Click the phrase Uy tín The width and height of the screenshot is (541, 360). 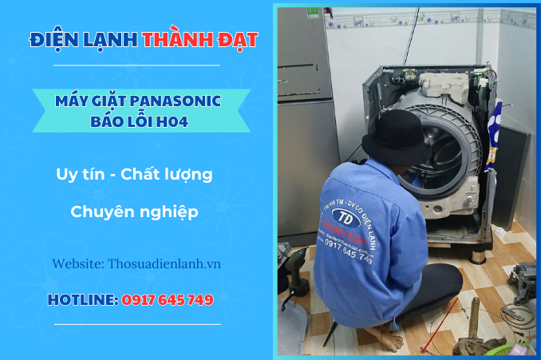click(79, 174)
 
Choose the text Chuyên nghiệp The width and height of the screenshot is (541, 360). click(134, 212)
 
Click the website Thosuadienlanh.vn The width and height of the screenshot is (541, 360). click(165, 263)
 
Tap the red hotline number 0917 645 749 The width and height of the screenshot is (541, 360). click(167, 300)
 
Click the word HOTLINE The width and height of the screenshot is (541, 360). click(81, 300)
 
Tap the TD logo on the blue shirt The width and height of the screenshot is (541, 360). click(346, 218)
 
